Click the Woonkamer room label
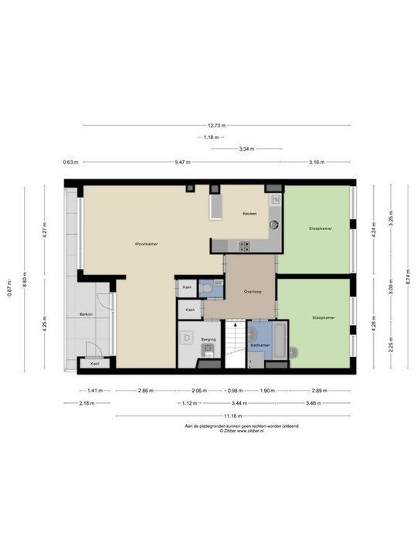(146, 243)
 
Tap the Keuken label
(249, 213)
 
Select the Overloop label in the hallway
(251, 292)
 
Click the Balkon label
(86, 314)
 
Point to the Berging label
(208, 339)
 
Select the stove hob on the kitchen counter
(246, 247)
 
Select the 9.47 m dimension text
(182, 162)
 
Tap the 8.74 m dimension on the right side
(407, 278)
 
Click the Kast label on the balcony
(95, 363)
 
